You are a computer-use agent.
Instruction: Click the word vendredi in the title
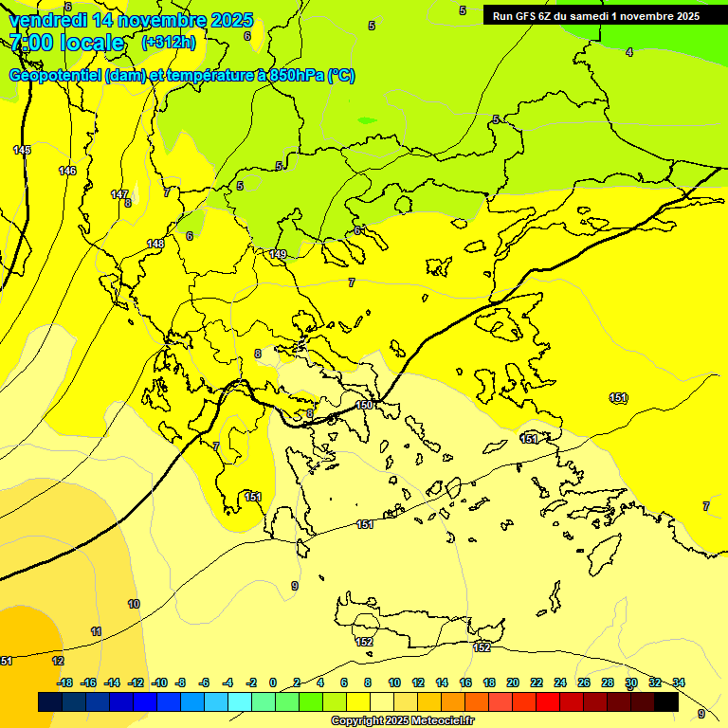point(47,20)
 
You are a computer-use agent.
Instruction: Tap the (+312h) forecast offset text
point(168,42)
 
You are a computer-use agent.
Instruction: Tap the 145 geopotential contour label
point(22,151)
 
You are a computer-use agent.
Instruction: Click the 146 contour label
point(67,171)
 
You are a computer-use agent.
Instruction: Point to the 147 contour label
point(119,194)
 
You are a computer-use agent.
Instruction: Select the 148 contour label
point(155,244)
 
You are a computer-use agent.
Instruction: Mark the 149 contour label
point(278,254)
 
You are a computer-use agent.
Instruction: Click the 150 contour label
point(364,405)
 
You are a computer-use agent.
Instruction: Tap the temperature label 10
point(134,604)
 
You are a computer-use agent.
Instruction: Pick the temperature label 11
point(97,631)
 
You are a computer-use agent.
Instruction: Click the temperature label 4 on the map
point(629,52)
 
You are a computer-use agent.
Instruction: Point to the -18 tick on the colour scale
point(64,682)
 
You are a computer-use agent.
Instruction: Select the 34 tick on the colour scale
point(678,682)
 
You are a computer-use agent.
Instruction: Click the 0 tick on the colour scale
point(272,682)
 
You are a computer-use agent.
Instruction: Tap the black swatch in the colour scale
point(666,702)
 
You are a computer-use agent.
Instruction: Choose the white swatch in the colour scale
point(382,702)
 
